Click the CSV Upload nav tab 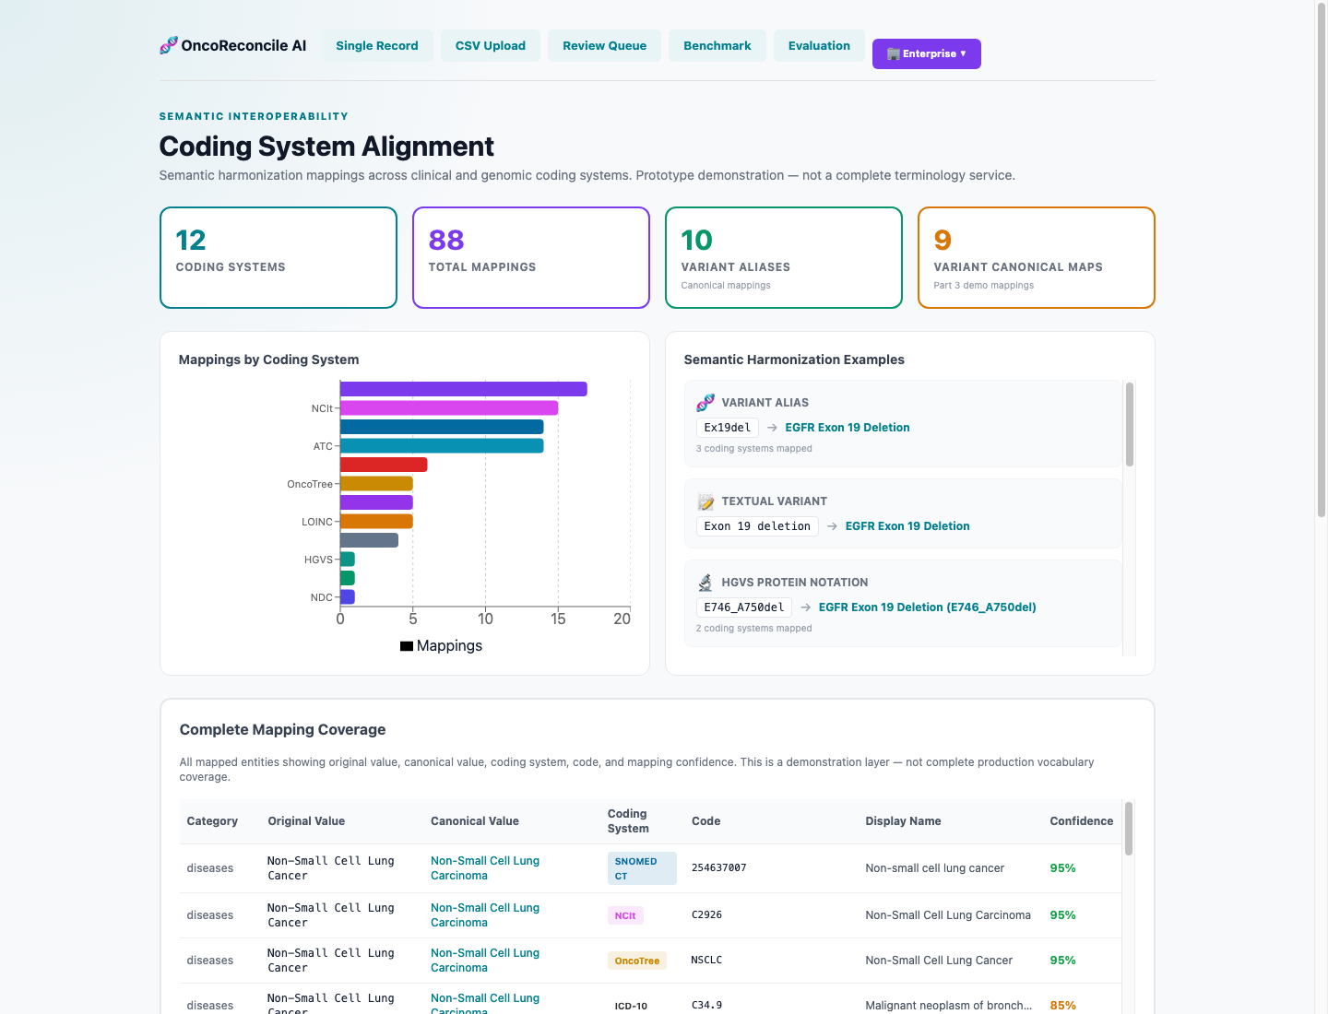(490, 46)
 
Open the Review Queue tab (604, 46)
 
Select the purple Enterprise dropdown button (926, 53)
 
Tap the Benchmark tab (717, 46)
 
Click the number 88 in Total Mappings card (445, 240)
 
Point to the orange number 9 (942, 240)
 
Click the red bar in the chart (384, 465)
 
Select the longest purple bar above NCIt (464, 389)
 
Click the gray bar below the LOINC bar (369, 540)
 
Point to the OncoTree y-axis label (310, 484)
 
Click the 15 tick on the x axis (558, 619)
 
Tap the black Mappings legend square (407, 646)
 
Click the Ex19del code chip (728, 428)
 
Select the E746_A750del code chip (743, 607)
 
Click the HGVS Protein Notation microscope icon (705, 583)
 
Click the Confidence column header (1081, 820)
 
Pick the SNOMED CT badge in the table (642, 868)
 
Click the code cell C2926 (706, 914)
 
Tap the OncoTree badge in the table (636, 961)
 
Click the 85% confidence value (1062, 1006)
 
